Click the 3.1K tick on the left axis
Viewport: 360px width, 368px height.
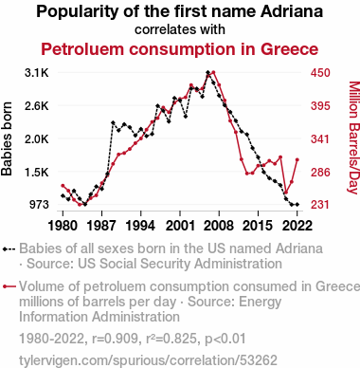(x=37, y=73)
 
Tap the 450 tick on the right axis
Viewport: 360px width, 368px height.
(x=320, y=73)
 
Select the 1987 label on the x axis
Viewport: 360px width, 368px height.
(x=101, y=226)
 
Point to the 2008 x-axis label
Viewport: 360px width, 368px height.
(x=219, y=226)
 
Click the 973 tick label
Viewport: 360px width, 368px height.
(x=39, y=205)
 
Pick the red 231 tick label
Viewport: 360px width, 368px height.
(x=320, y=205)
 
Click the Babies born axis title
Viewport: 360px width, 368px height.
(x=7, y=138)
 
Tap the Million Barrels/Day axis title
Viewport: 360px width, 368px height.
(x=354, y=138)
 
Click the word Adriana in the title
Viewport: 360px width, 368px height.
(x=292, y=11)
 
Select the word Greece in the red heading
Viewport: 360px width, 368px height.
(x=290, y=49)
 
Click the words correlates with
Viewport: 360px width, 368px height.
(x=180, y=29)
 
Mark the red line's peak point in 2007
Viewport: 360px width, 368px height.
(x=213, y=72)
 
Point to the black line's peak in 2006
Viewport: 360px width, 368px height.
(x=207, y=72)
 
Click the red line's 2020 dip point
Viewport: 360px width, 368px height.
(x=286, y=193)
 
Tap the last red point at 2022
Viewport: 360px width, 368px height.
(x=297, y=159)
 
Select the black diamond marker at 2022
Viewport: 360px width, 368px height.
(x=297, y=205)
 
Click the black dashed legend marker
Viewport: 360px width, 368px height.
(x=9, y=249)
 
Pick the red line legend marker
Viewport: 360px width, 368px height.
(x=9, y=286)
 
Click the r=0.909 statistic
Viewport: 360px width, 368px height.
(x=116, y=339)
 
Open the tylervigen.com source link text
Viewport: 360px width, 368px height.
(x=148, y=360)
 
